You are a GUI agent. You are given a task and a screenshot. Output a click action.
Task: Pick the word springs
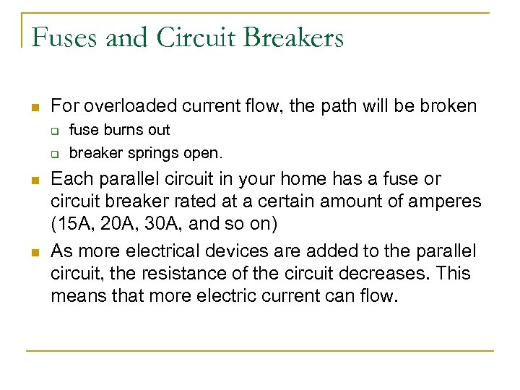tap(155, 153)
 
